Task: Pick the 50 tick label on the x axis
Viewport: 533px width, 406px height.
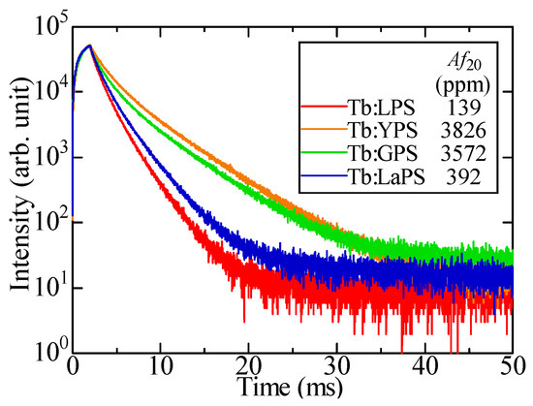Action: (513, 371)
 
